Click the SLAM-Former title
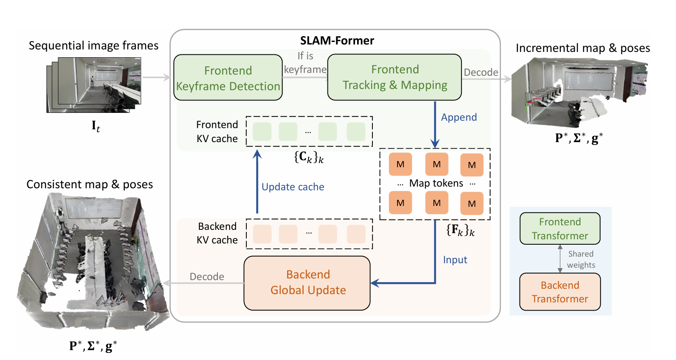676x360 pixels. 337,40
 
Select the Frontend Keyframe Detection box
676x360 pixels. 228,78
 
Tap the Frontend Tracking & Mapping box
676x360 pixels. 394,77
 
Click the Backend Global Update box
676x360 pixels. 307,283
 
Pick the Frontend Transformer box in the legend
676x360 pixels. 559,229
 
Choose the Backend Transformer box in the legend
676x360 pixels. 559,292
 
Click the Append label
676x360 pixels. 458,117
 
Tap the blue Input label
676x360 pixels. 455,260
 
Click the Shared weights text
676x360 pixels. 580,259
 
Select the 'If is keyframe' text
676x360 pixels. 305,63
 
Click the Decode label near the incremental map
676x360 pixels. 480,72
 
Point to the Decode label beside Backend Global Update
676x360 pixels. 207,277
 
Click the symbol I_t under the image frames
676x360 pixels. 96,126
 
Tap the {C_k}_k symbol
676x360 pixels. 309,157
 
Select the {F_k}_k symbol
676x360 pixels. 460,230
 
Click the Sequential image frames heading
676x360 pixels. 94,46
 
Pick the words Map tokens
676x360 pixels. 436,183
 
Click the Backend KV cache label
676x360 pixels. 217,233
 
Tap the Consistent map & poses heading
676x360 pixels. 89,184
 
